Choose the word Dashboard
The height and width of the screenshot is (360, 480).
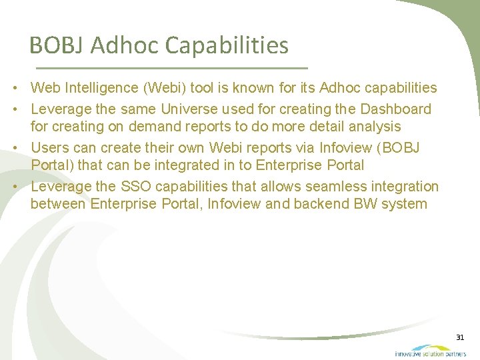click(395, 109)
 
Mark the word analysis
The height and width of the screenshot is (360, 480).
click(375, 127)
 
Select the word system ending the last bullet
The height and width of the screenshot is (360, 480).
click(405, 204)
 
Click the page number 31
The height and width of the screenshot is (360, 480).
click(460, 338)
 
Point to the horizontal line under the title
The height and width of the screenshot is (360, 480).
click(171, 69)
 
